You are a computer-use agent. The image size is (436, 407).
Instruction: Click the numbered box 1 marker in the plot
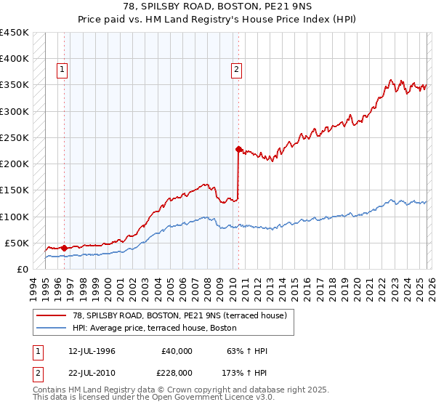(63, 70)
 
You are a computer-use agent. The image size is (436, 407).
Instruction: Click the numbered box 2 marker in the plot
(237, 70)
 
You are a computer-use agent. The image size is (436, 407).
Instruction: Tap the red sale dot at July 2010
(238, 149)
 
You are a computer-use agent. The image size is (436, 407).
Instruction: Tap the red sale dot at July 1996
(64, 248)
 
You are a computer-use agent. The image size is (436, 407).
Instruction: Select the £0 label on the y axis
(23, 269)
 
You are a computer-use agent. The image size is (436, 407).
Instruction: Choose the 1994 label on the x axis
(33, 286)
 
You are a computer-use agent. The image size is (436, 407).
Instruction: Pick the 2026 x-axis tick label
(430, 286)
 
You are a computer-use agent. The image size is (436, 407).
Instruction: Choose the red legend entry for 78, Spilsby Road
(173, 315)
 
